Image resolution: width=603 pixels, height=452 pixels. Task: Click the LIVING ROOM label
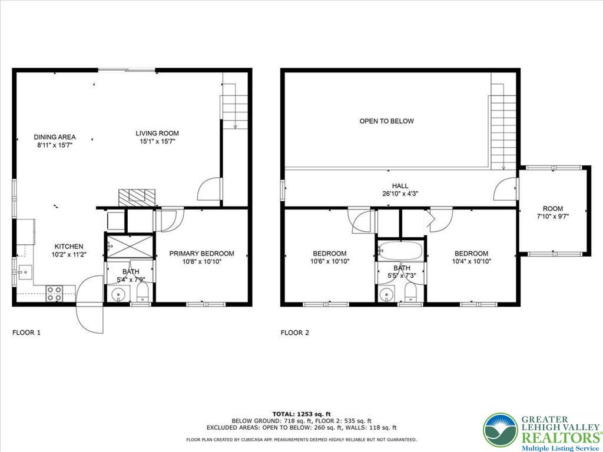(157, 133)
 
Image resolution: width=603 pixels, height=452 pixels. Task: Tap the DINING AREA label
(54, 137)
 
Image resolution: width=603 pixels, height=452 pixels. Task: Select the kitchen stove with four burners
(55, 293)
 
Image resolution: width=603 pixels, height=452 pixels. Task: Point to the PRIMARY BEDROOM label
(201, 254)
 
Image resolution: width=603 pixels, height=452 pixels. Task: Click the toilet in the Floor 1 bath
(141, 293)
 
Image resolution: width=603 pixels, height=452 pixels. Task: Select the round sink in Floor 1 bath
(118, 294)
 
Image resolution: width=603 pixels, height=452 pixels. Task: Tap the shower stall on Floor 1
(128, 245)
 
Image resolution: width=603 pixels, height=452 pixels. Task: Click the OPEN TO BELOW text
(386, 121)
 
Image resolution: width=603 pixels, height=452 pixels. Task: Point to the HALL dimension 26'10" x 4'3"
(400, 193)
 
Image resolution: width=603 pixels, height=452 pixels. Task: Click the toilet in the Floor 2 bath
(411, 293)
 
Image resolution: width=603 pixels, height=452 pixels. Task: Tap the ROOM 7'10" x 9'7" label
(552, 212)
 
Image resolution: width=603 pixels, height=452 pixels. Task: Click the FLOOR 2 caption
(294, 333)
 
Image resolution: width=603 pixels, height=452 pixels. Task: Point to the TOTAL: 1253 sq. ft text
(301, 414)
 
